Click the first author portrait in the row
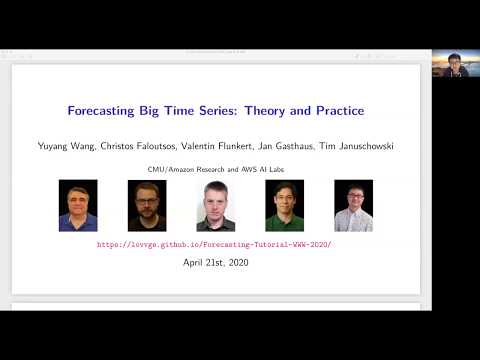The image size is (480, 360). [78, 205]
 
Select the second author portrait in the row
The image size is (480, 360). [147, 205]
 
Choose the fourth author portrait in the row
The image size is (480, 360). [284, 205]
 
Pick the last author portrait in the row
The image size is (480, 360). [353, 205]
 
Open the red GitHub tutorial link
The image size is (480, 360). [214, 244]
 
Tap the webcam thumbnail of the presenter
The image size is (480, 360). [455, 65]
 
